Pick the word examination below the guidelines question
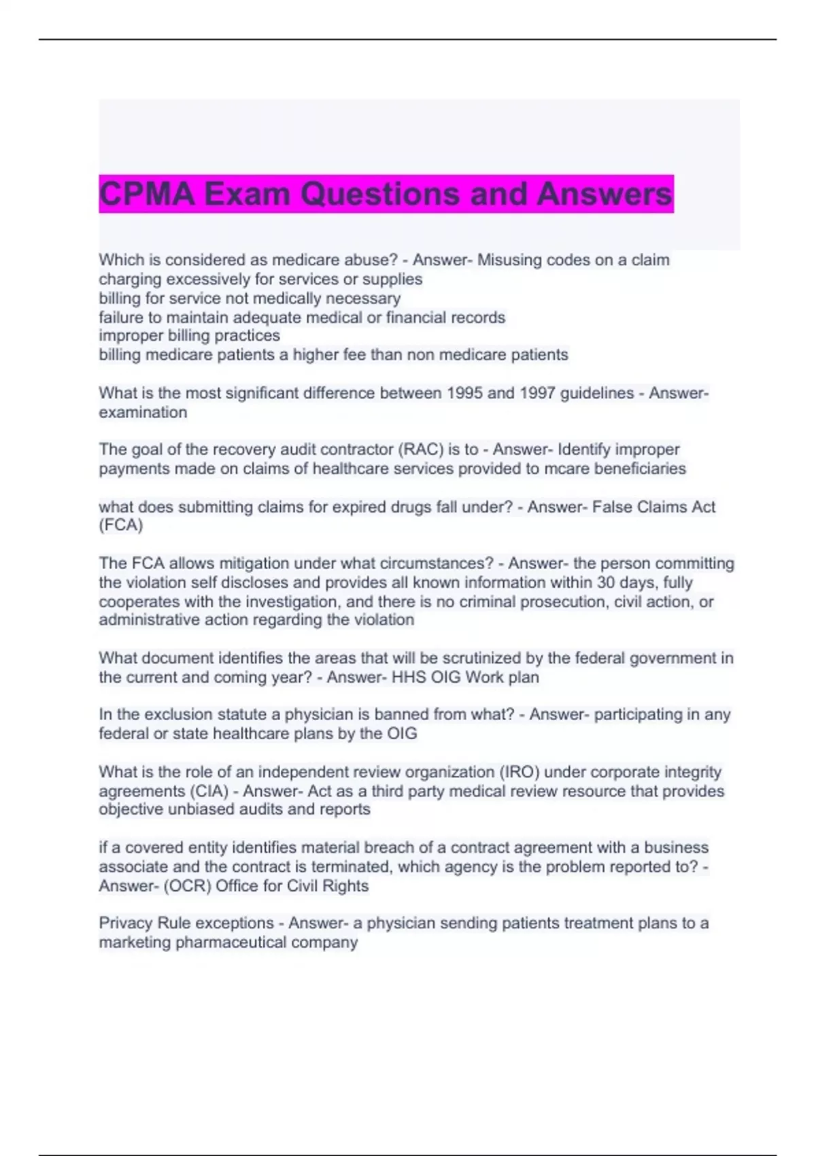pos(143,412)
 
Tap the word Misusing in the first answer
pos(508,260)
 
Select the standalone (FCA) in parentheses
pos(121,525)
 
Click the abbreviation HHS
pos(409,677)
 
